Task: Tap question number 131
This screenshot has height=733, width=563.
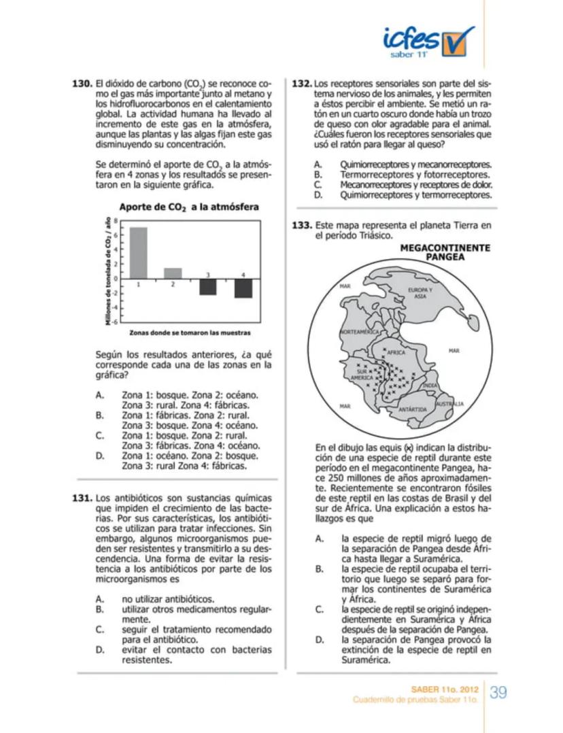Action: [x=82, y=497]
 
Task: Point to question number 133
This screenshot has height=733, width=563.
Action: [x=302, y=225]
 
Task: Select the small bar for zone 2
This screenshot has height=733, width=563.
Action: [x=173, y=273]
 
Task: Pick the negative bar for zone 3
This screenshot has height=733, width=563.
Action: [x=207, y=286]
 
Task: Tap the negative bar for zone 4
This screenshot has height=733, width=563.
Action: [x=243, y=288]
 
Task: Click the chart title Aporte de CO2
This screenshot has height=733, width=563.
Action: [x=188, y=207]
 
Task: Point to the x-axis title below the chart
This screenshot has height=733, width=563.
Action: [x=190, y=333]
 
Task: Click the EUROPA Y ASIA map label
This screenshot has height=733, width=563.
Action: [x=420, y=293]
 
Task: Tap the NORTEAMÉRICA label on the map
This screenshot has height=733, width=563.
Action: [x=359, y=331]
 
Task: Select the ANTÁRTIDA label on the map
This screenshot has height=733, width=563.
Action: [x=412, y=409]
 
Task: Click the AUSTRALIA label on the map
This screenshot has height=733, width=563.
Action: [x=449, y=404]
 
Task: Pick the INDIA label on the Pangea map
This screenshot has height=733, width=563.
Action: [x=430, y=386]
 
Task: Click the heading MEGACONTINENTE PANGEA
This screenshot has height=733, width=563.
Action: [x=445, y=253]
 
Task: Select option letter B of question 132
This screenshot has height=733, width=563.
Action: [x=317, y=175]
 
